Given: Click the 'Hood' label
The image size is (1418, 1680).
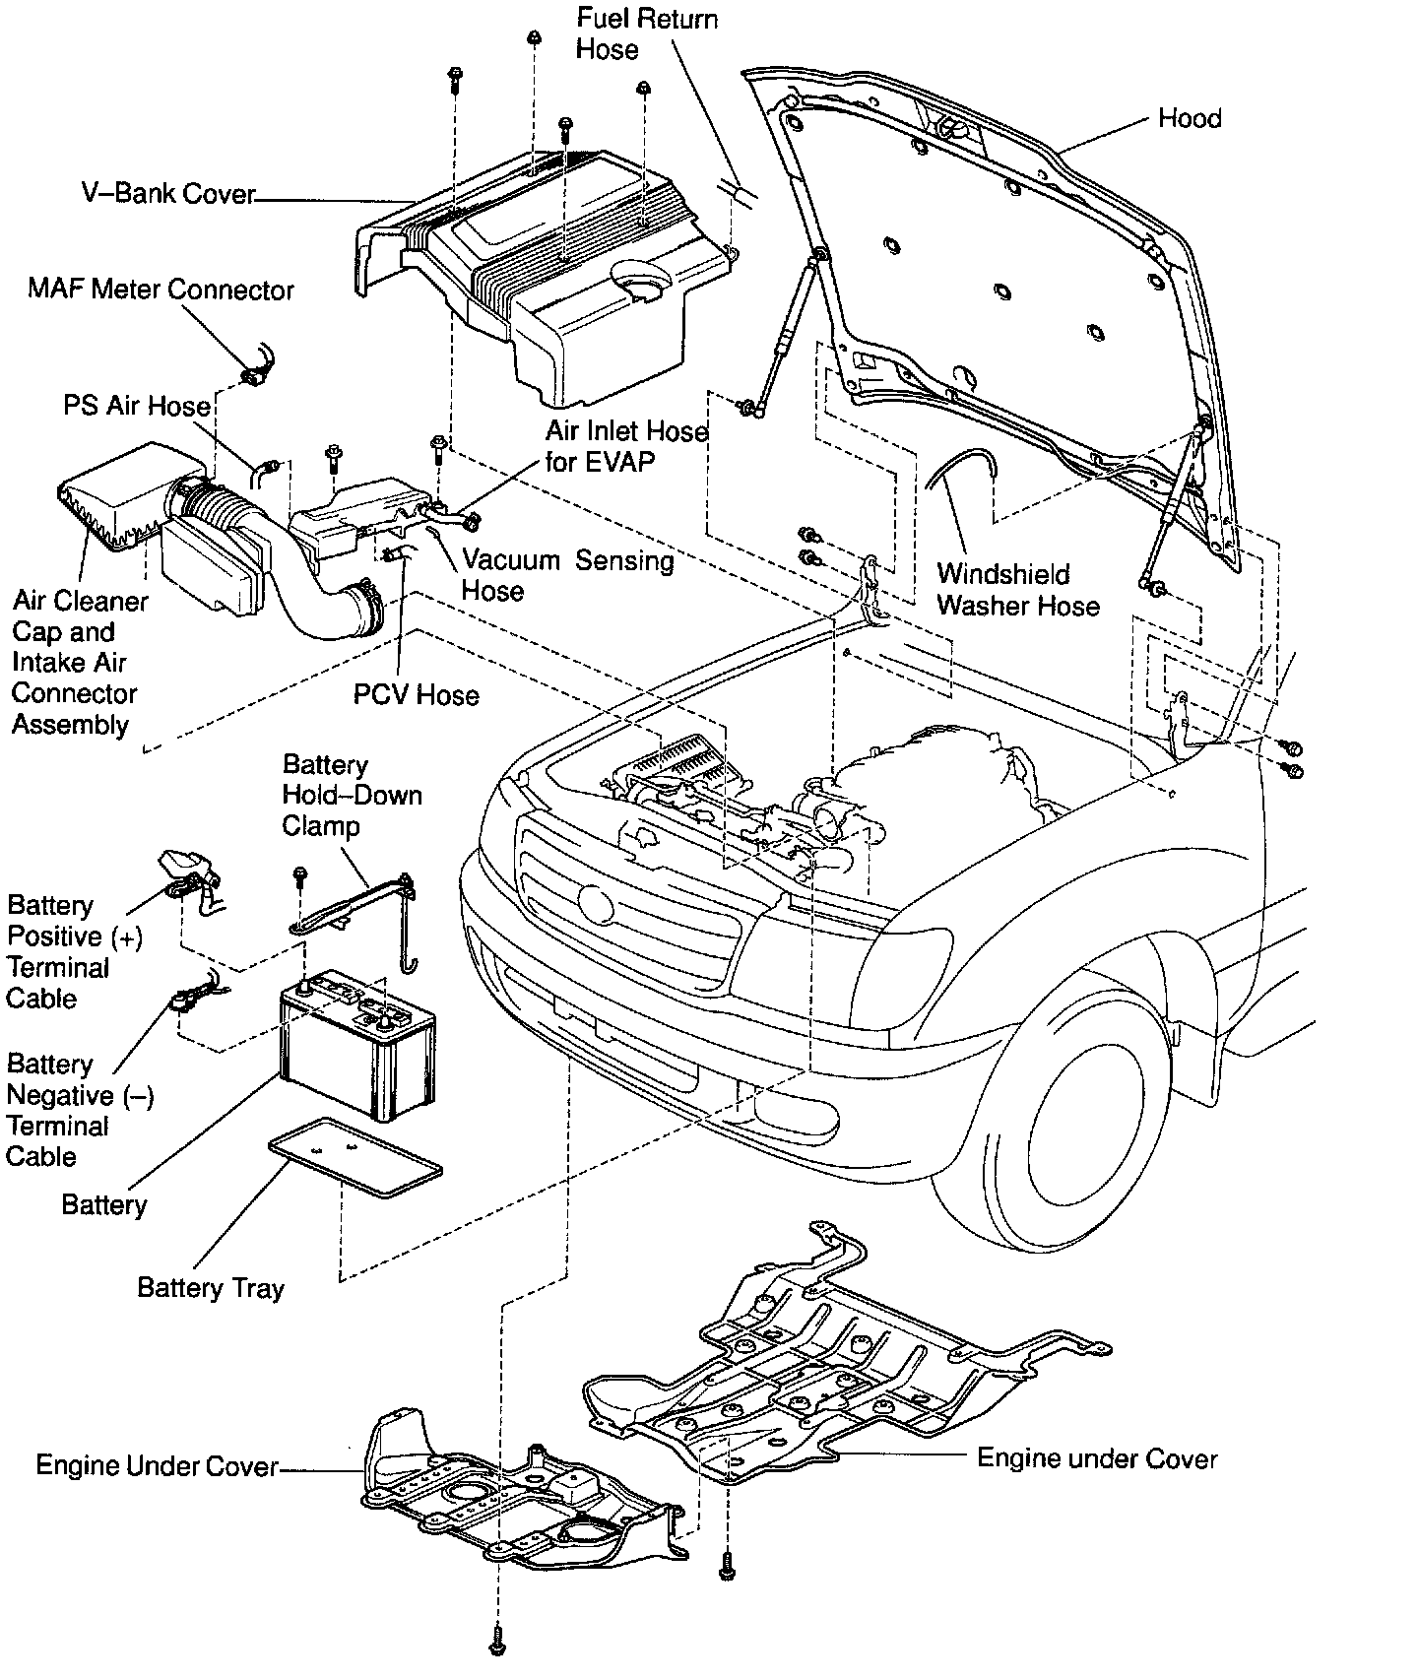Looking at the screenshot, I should point(1189,119).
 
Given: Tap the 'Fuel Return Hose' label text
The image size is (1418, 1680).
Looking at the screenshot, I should point(646,34).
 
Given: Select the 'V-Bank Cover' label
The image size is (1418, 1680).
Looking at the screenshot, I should point(167,194).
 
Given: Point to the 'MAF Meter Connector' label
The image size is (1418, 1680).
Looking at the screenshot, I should point(161,290).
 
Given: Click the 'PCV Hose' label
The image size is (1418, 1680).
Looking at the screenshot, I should point(416,695).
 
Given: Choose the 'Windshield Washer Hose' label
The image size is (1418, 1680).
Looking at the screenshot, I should point(1017,589).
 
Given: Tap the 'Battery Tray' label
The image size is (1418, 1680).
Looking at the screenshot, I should point(211,1288).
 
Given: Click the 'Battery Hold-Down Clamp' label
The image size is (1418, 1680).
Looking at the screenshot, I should point(352,795).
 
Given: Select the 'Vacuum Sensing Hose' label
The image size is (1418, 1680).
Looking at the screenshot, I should point(567,575).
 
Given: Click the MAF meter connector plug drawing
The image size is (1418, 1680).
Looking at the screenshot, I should point(254,374).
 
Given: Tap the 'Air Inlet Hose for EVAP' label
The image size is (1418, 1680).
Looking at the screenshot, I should point(626,446).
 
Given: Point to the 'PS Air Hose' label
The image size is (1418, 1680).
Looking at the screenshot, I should point(137,406).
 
